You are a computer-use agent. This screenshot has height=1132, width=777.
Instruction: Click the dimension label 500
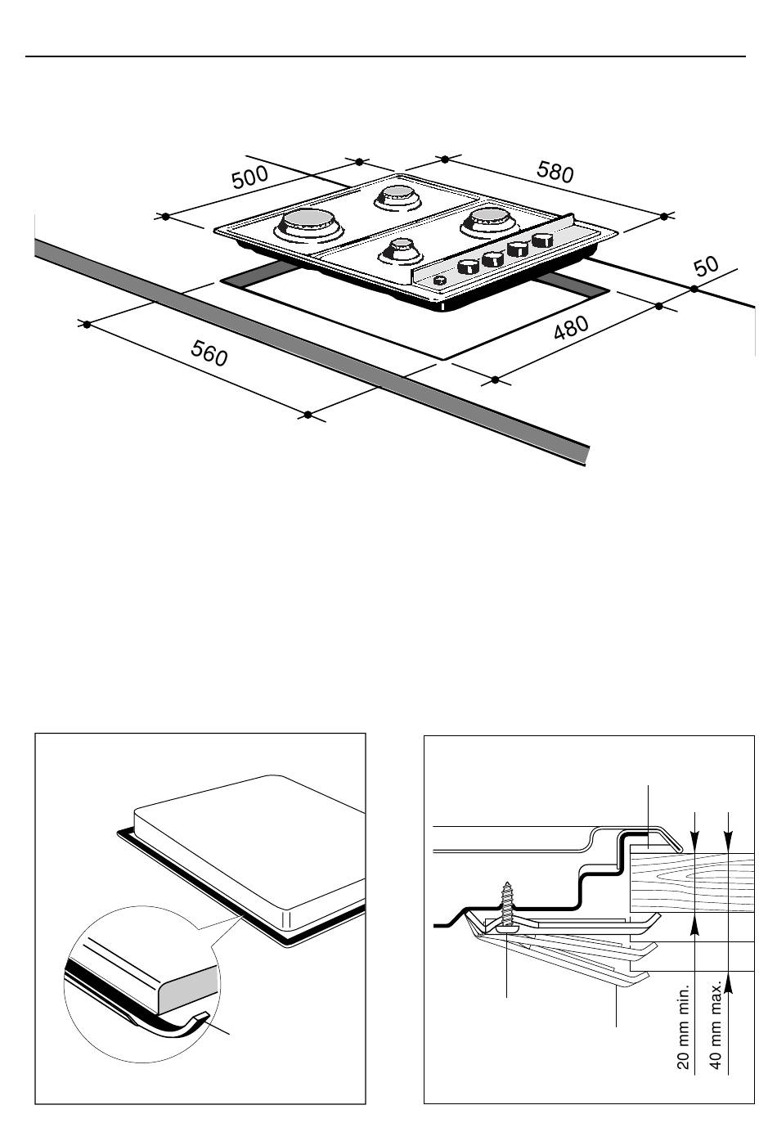(x=250, y=177)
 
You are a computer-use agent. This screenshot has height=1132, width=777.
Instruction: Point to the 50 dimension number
(x=707, y=267)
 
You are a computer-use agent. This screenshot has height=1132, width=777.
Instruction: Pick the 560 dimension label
(x=209, y=353)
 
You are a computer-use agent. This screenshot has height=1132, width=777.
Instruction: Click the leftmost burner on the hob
(x=308, y=225)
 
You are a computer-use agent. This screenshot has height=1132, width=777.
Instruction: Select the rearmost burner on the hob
(x=397, y=196)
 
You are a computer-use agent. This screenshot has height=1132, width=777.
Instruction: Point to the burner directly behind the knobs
(x=489, y=222)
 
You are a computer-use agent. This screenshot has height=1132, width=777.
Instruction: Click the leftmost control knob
(x=469, y=267)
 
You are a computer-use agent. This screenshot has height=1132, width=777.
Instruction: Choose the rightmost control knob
(x=542, y=240)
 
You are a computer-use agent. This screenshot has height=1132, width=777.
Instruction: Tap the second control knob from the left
(x=492, y=258)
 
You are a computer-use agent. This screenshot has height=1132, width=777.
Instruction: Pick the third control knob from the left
(x=518, y=249)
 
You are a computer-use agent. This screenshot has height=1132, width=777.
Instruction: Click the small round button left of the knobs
(x=438, y=281)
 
